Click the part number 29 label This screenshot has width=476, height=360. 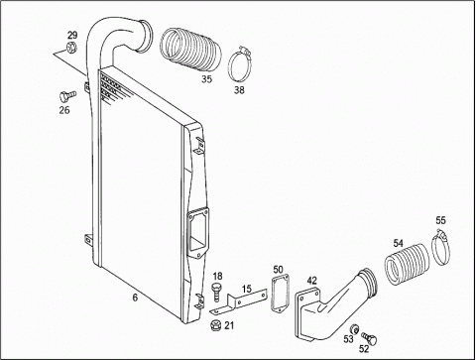(x=72, y=35)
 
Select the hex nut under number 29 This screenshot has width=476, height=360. (x=71, y=48)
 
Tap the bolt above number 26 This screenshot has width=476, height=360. (x=67, y=96)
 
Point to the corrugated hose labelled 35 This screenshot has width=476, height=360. (x=190, y=50)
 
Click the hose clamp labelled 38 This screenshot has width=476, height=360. (x=240, y=64)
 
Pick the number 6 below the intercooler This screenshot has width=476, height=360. (x=135, y=298)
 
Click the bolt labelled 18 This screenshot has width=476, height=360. (x=216, y=292)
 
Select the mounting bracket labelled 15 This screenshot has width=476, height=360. (x=239, y=301)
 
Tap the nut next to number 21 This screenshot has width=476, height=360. (x=215, y=325)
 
